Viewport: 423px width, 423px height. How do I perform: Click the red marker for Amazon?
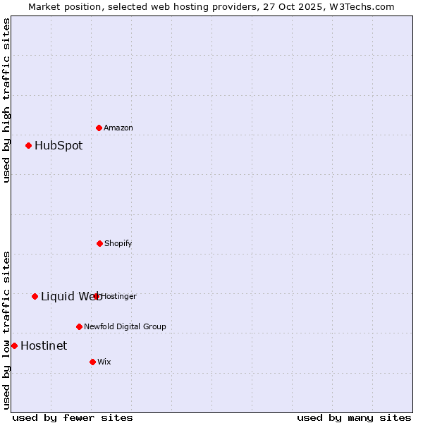[x=99, y=128]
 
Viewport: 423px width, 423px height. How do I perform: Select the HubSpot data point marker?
[x=29, y=146]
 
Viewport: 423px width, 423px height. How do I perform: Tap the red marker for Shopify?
[x=99, y=243]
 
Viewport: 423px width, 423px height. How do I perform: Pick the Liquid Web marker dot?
[x=35, y=296]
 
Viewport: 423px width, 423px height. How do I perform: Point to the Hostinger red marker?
[x=97, y=296]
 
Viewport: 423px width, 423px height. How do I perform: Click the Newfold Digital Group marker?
[x=79, y=326]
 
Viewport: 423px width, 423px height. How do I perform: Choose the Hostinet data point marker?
[x=14, y=345]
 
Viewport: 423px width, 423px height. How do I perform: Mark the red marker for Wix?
[x=92, y=362]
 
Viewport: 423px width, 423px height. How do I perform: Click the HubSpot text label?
[x=59, y=146]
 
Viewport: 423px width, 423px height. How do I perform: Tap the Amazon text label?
[x=118, y=128]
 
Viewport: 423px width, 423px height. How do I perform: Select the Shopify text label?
[x=118, y=243]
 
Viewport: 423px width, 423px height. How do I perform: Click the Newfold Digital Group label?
[x=125, y=326]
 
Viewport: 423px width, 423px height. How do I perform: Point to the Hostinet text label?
[x=44, y=345]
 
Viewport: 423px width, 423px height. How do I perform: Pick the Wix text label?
[x=104, y=362]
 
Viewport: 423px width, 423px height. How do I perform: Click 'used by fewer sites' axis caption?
[x=73, y=417]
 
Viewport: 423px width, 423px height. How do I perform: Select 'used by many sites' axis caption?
[x=354, y=417]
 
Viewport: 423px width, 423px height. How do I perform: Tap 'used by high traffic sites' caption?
[x=7, y=100]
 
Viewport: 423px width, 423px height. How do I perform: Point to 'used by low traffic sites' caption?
[x=7, y=330]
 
